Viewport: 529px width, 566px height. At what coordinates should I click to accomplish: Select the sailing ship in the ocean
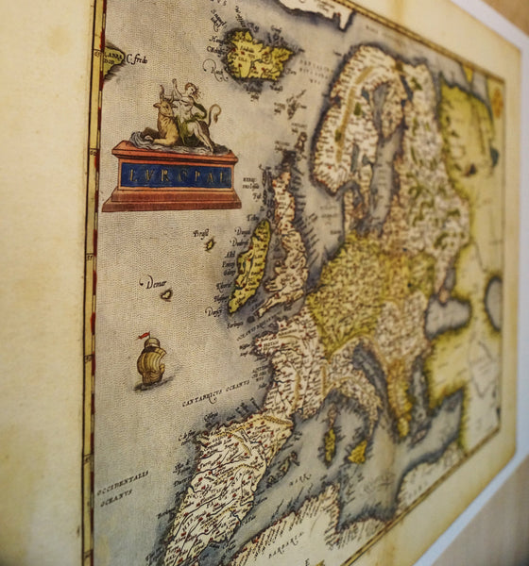pyautogui.click(x=151, y=361)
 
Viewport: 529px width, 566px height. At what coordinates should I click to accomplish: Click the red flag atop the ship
pyautogui.click(x=144, y=335)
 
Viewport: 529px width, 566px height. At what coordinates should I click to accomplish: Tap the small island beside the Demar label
pyautogui.click(x=167, y=294)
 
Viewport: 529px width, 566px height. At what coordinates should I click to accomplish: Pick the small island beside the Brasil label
pyautogui.click(x=210, y=243)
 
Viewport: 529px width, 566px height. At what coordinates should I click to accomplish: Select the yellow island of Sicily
pyautogui.click(x=357, y=452)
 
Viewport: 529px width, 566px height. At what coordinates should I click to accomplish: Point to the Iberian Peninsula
pyautogui.click(x=227, y=481)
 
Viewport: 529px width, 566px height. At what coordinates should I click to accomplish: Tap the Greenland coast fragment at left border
pyautogui.click(x=113, y=58)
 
